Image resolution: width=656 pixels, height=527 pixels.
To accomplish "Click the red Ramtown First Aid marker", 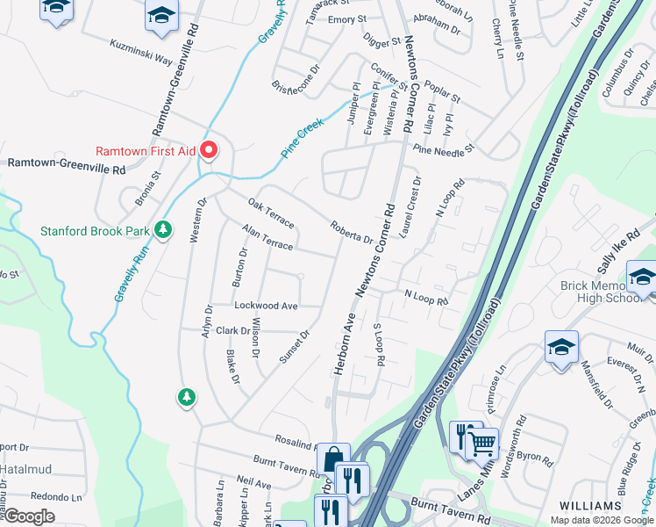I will coord(209,149).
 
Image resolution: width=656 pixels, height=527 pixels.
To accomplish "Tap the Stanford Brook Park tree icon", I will coord(162,231).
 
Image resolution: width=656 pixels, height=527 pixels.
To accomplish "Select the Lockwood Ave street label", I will coord(267,306).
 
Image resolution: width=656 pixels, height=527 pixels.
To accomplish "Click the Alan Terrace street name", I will coord(267,239).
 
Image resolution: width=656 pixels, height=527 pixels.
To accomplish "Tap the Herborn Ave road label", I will coord(343,344).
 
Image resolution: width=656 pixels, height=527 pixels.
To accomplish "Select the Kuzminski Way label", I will coord(141,52).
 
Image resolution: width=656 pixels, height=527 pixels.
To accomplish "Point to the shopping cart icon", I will coord(481,444).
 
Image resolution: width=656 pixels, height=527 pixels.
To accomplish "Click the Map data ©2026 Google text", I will coord(601,520).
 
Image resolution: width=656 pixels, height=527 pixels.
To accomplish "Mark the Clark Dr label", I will coord(234,331).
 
